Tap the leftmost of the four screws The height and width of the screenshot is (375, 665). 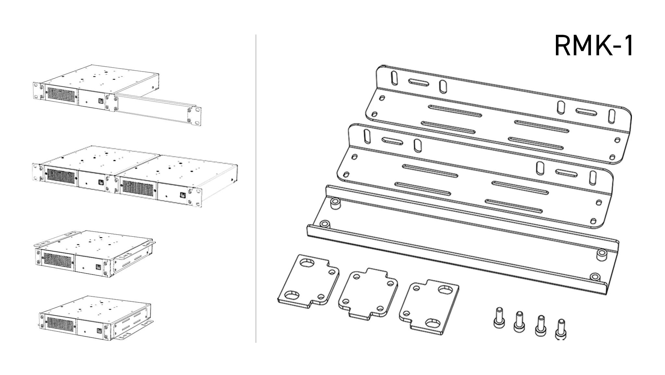[x=499, y=318]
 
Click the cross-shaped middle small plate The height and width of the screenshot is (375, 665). [x=368, y=293]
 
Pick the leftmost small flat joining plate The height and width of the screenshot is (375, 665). [x=308, y=281]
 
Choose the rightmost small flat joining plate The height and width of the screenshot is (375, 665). [x=429, y=307]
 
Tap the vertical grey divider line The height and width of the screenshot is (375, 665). [x=256, y=188]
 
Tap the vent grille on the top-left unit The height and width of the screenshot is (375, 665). [x=62, y=95]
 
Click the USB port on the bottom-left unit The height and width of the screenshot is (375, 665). [x=98, y=331]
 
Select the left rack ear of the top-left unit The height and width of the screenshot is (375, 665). [x=38, y=91]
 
